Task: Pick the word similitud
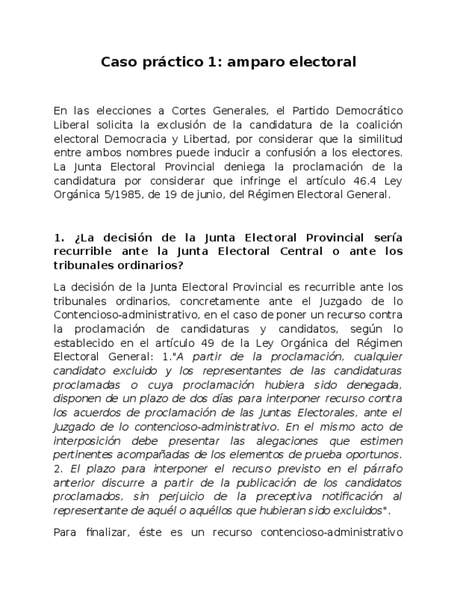point(377,138)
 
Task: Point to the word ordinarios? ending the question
point(148,265)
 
